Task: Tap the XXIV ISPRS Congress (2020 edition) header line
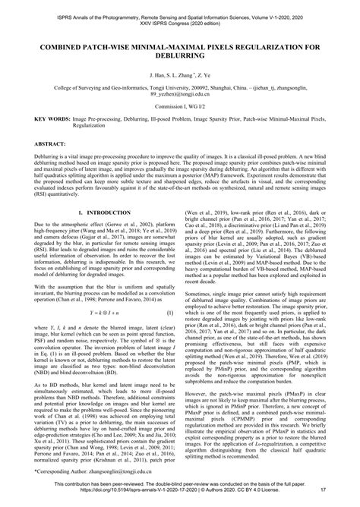(x=180, y=21)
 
